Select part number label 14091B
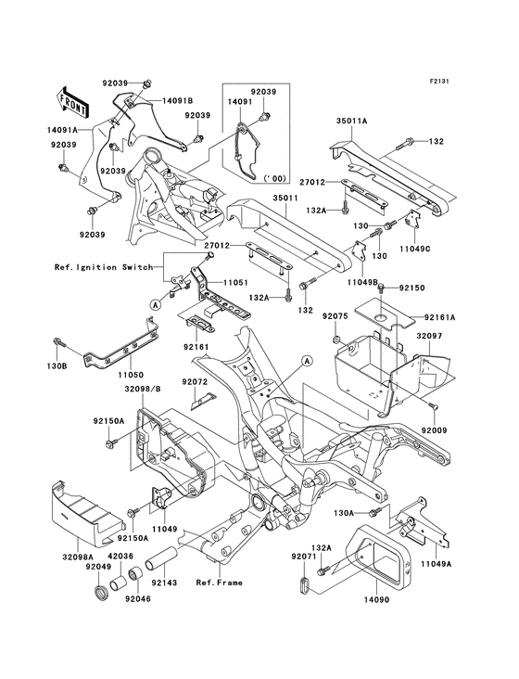tap(176, 100)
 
